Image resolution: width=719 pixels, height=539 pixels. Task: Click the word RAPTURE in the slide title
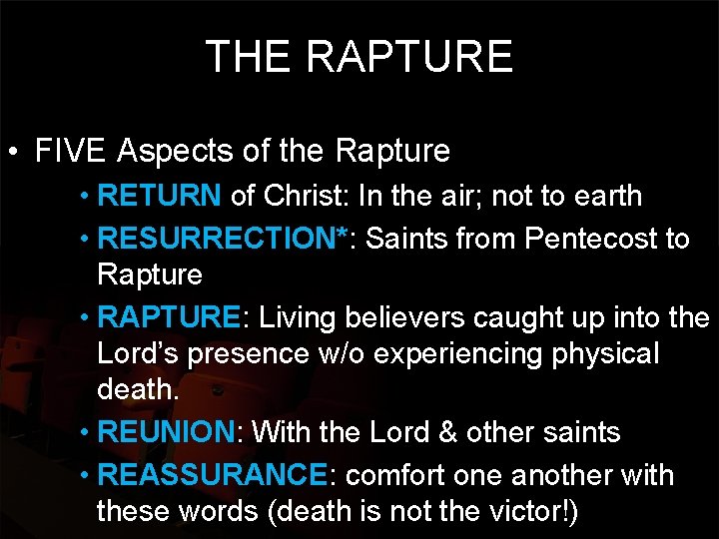pyautogui.click(x=409, y=57)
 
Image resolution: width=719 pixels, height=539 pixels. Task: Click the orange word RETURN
pyautogui.click(x=161, y=196)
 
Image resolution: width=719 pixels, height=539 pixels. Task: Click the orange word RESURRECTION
pyautogui.click(x=221, y=239)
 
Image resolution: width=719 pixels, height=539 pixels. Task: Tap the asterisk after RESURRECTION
pyautogui.click(x=343, y=236)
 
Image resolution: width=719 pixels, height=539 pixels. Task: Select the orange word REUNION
pyautogui.click(x=166, y=432)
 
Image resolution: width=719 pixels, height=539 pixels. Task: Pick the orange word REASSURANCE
pyautogui.click(x=213, y=474)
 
